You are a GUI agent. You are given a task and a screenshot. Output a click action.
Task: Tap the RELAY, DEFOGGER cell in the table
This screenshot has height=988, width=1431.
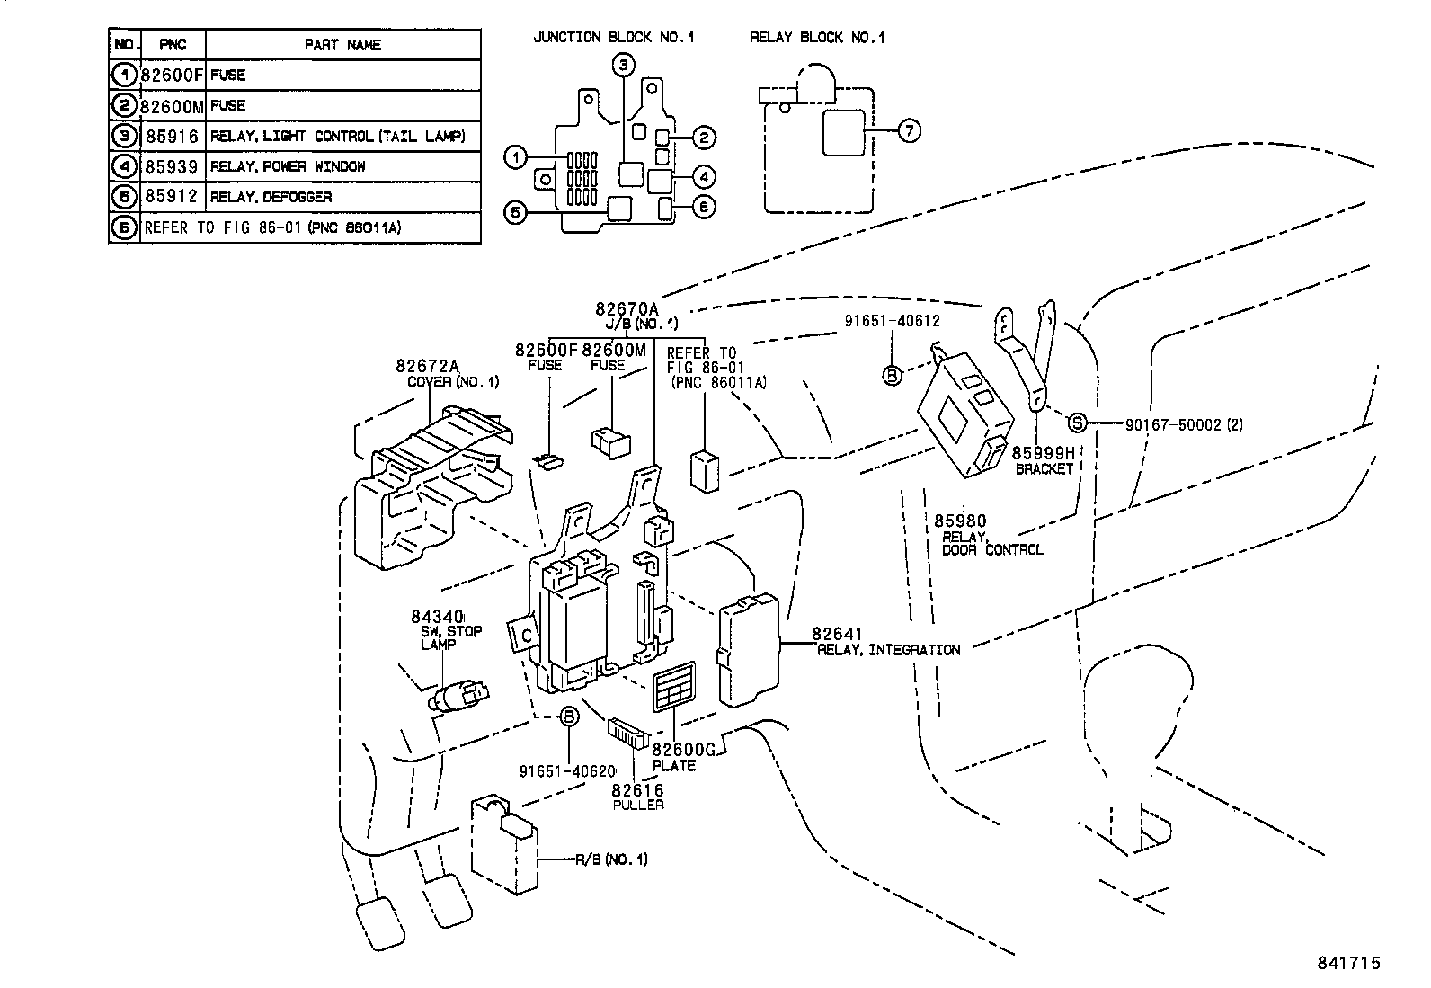click(271, 197)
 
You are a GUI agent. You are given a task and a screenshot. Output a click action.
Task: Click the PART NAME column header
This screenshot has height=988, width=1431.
click(342, 44)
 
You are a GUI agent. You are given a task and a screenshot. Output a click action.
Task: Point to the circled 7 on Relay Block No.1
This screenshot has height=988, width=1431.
click(909, 131)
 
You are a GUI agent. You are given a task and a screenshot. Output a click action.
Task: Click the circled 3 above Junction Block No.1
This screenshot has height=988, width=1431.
click(624, 64)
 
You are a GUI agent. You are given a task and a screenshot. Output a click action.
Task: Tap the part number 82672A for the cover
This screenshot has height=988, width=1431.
click(428, 366)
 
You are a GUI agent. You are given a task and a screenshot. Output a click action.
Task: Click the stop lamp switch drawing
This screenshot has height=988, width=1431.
click(460, 696)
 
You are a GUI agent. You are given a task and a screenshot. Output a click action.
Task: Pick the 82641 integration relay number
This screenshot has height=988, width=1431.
click(837, 635)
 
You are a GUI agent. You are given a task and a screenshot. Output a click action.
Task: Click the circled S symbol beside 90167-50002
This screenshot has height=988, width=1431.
click(1078, 423)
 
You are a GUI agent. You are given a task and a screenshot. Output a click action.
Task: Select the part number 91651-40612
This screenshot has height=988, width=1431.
click(892, 320)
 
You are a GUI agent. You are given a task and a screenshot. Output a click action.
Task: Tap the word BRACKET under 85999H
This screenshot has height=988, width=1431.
click(1044, 468)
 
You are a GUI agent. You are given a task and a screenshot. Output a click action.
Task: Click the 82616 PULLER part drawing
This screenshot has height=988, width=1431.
click(629, 733)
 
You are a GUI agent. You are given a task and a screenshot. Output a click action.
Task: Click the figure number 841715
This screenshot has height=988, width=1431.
click(1348, 963)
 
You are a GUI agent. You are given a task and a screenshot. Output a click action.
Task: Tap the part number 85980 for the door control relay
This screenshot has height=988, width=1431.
click(959, 521)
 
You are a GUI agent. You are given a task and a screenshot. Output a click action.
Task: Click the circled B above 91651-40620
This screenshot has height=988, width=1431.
click(569, 717)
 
